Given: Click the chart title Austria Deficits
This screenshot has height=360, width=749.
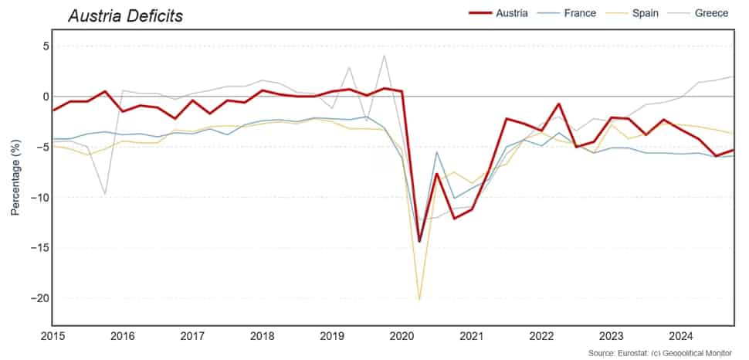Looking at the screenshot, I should [x=125, y=15].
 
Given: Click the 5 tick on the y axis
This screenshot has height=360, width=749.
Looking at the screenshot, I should [x=45, y=46].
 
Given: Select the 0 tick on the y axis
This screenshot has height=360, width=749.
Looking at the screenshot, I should [x=45, y=97].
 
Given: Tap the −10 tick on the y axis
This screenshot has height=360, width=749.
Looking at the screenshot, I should [x=40, y=198].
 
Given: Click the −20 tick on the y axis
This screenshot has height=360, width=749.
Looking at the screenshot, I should [x=40, y=298].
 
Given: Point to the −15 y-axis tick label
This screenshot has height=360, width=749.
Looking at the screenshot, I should [x=40, y=248].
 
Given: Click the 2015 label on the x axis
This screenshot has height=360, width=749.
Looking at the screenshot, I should [x=53, y=337].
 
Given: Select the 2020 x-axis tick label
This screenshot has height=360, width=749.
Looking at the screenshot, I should [x=402, y=337].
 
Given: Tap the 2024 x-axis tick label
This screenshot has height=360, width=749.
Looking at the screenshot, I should [x=682, y=337].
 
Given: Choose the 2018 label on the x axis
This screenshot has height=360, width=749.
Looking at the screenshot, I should [x=263, y=337].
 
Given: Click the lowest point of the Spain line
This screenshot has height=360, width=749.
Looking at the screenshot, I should [x=419, y=299].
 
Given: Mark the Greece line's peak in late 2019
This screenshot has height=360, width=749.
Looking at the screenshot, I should [x=385, y=56].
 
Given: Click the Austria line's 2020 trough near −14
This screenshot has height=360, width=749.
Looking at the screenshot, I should [x=419, y=241].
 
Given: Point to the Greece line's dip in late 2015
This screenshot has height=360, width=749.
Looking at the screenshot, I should [x=105, y=193].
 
